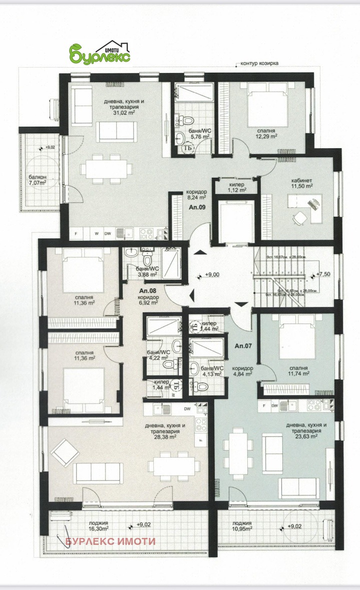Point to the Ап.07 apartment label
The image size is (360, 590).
point(243,345)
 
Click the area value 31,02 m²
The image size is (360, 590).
point(124,113)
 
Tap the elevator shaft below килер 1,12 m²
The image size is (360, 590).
point(234,220)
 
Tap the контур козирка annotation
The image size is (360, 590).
point(259,64)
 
